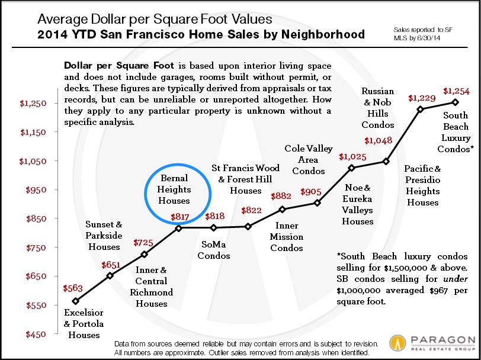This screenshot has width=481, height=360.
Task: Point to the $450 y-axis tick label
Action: click(28, 335)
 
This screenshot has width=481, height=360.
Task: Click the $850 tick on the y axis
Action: click(28, 219)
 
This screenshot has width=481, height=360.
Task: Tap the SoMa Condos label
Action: click(213, 250)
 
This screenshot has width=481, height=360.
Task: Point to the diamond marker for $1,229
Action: click(420, 109)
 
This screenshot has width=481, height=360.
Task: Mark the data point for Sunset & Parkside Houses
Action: click(110, 276)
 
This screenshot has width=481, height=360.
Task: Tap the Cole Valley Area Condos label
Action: click(309, 160)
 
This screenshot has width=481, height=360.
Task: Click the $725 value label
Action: click(143, 243)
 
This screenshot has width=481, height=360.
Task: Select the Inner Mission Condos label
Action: click(287, 236)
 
